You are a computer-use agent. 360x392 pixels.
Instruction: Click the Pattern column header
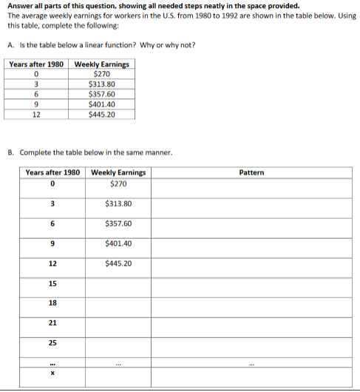252,172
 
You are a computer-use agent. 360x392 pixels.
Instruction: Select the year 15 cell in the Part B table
52,283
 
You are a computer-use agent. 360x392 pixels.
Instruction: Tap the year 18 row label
52,303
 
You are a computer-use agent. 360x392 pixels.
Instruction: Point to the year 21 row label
52,323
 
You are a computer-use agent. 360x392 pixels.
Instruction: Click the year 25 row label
52,343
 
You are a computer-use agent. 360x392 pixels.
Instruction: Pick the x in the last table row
52,374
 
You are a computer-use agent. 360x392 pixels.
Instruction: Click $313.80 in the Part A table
101,84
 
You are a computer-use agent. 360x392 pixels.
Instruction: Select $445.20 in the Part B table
118,263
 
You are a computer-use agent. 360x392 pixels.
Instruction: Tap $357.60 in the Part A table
101,94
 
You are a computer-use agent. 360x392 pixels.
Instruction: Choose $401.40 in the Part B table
118,243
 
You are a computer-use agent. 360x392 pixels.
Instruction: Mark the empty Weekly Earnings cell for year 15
118,283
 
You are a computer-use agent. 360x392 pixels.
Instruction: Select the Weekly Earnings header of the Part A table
101,64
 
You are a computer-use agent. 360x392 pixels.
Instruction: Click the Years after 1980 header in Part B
52,172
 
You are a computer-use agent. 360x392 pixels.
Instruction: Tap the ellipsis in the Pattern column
252,363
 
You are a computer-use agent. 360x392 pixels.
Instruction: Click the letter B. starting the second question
11,153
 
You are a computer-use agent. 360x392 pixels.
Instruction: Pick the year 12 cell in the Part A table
36,115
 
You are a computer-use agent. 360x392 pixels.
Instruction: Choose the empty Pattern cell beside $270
252,184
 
